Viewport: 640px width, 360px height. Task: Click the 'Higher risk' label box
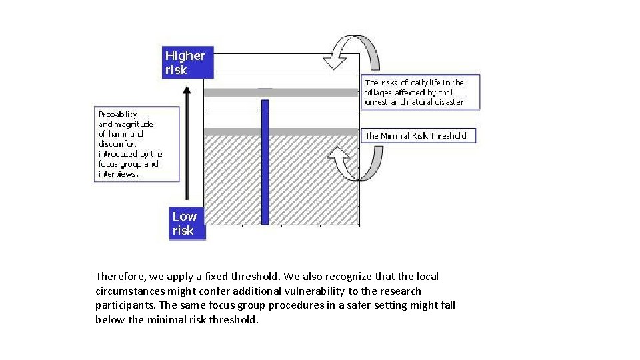[188, 62]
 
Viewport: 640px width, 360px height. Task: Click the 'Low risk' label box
[187, 223]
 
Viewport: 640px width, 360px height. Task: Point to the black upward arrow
[187, 143]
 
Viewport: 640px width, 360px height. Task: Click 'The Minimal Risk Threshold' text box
[418, 135]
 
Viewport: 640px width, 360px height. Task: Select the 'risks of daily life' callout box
[421, 92]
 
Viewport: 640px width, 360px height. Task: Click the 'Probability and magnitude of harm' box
[137, 143]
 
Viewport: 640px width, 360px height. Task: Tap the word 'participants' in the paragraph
[127, 305]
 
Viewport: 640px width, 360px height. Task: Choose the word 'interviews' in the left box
[118, 173]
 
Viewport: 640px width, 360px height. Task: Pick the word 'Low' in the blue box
[185, 216]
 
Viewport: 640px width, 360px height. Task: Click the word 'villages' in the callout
[379, 92]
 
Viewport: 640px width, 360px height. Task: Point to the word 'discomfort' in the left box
[117, 143]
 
